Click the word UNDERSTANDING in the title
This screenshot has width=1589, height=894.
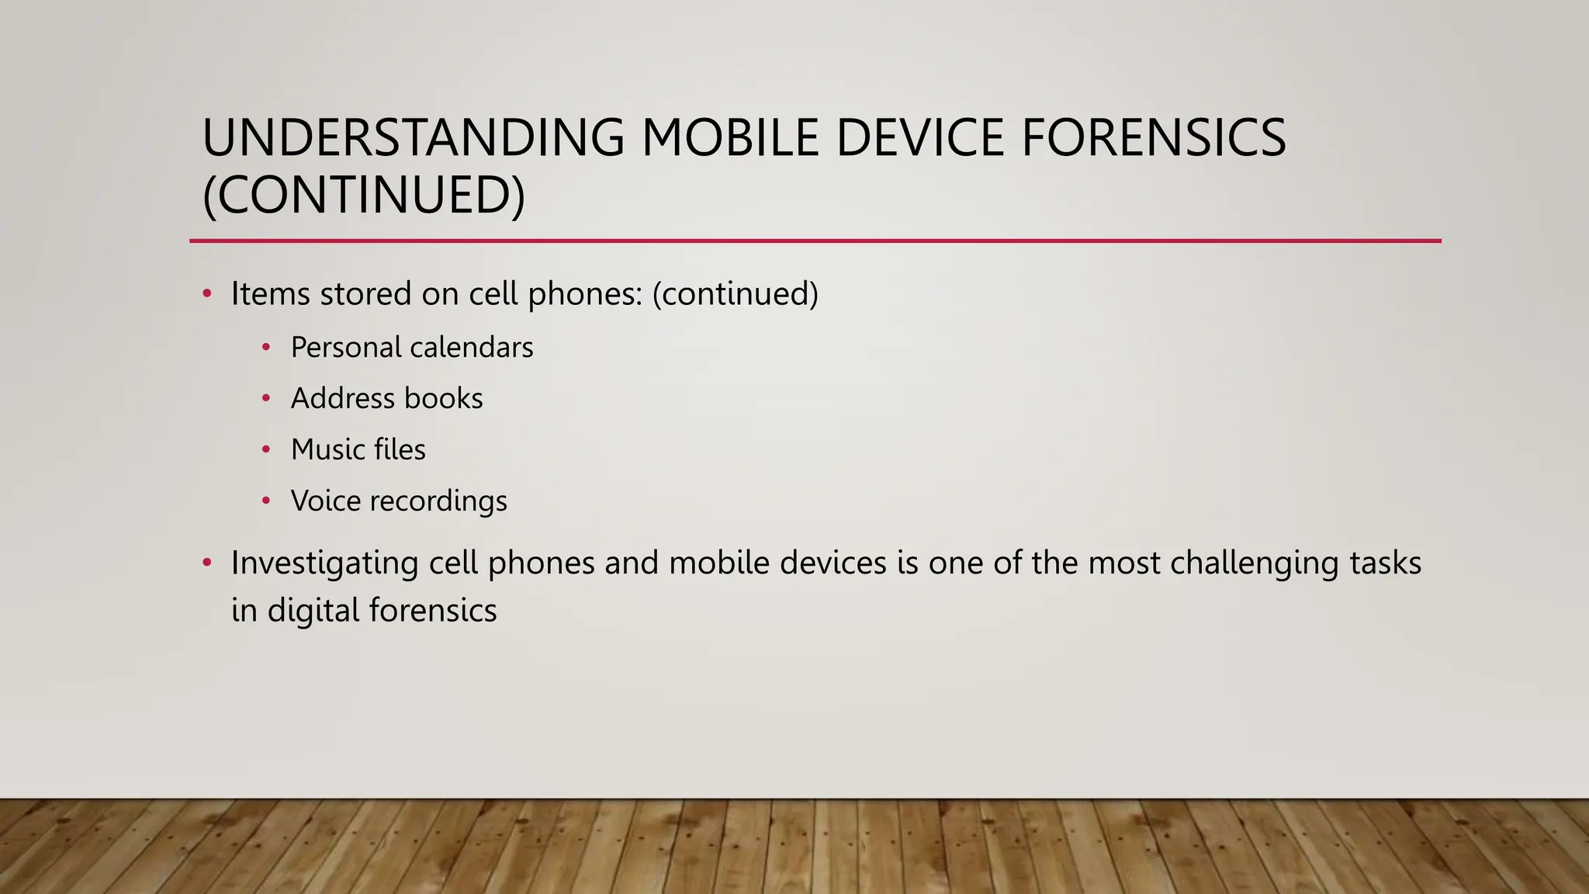[413, 138]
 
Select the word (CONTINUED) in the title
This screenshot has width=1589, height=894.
[363, 195]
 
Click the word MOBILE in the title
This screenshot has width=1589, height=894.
[730, 138]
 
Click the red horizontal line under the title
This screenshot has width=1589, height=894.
[815, 241]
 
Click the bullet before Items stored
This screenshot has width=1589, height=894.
[206, 294]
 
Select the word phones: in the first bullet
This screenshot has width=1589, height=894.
[585, 294]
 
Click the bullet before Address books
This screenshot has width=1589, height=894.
[266, 399]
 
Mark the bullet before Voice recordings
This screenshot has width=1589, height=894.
[266, 501]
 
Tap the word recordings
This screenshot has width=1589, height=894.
[438, 501]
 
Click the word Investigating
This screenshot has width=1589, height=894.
[324, 563]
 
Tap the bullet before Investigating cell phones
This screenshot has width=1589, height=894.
[206, 563]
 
